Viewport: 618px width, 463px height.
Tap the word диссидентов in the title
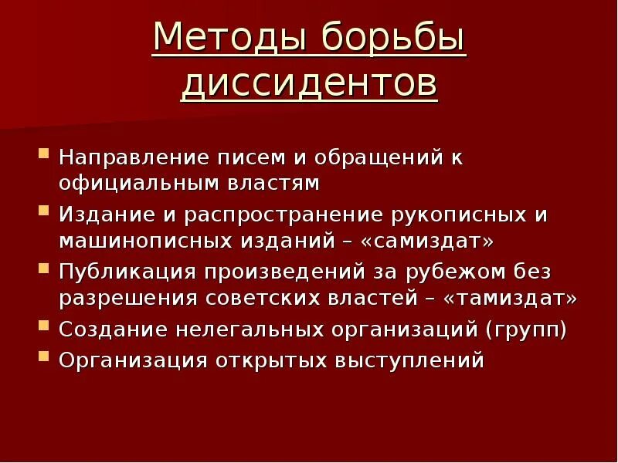pyautogui.click(x=309, y=85)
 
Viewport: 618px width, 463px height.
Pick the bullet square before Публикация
pyautogui.click(x=44, y=270)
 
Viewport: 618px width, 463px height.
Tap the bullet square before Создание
pyautogui.click(x=44, y=328)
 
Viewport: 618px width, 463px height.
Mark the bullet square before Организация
pyautogui.click(x=44, y=357)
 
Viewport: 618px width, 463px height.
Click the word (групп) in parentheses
pyautogui.click(x=526, y=330)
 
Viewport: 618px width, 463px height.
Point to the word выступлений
pyautogui.click(x=409, y=360)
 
